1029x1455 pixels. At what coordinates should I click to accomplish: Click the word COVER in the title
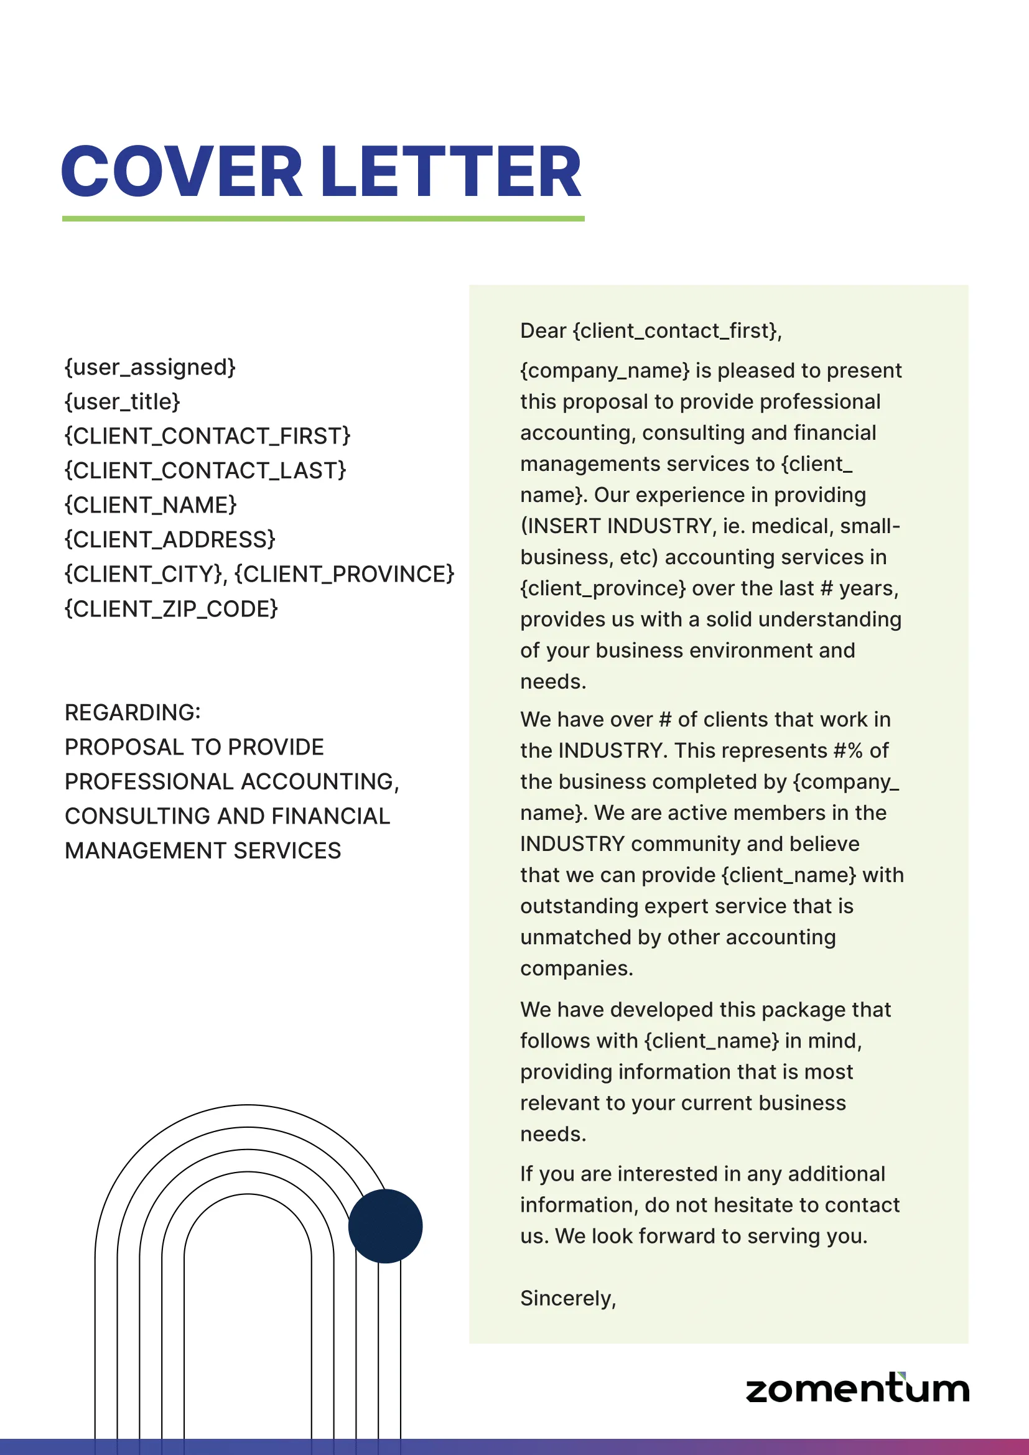pyautogui.click(x=181, y=172)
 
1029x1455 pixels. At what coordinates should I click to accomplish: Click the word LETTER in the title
pyautogui.click(x=450, y=172)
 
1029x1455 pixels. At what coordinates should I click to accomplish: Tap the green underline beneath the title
pyautogui.click(x=323, y=218)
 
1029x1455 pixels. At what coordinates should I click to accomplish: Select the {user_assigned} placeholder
pyautogui.click(x=150, y=368)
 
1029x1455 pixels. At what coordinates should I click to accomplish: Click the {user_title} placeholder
pyautogui.click(x=123, y=402)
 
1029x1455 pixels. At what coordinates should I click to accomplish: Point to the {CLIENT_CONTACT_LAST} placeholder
pyautogui.click(x=205, y=471)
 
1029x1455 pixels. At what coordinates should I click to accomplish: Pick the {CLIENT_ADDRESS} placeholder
pyautogui.click(x=170, y=540)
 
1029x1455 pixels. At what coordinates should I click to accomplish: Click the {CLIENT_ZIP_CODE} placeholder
pyautogui.click(x=171, y=609)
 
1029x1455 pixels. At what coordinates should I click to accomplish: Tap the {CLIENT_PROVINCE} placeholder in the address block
pyautogui.click(x=344, y=574)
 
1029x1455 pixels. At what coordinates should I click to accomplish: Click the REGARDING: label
pyautogui.click(x=133, y=713)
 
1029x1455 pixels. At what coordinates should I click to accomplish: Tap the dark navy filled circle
pyautogui.click(x=385, y=1226)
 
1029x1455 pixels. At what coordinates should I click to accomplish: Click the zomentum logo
pyautogui.click(x=857, y=1388)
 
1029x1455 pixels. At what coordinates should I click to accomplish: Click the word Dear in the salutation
pyautogui.click(x=543, y=331)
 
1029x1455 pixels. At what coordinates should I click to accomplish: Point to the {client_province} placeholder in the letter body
pyautogui.click(x=603, y=588)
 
